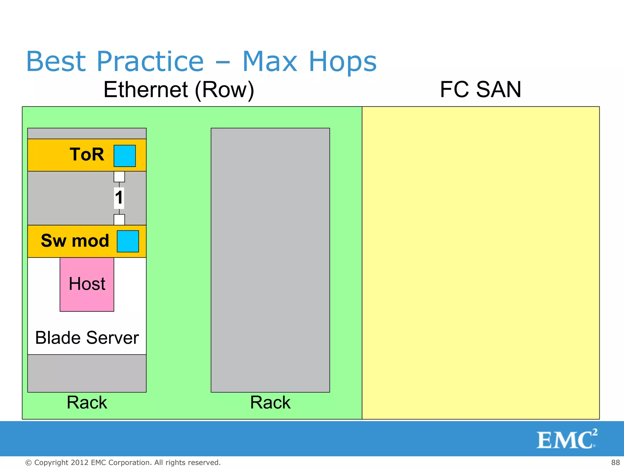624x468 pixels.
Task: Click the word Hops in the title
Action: [343, 62]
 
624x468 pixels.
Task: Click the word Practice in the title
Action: [150, 62]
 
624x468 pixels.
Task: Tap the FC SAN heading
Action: [480, 90]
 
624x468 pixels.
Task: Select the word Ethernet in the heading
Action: [146, 90]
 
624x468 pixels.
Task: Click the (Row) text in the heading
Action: [225, 90]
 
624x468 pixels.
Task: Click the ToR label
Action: [87, 154]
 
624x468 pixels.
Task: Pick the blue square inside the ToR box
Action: [125, 156]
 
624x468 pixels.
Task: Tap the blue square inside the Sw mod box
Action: [128, 241]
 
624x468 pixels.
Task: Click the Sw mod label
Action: [75, 241]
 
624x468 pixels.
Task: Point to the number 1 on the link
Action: [119, 197]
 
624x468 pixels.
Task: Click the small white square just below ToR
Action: [119, 176]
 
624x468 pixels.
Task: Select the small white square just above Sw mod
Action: [119, 219]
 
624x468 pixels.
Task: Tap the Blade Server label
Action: [87, 338]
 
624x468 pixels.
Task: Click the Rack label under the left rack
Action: [87, 402]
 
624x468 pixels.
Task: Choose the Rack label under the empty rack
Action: [270, 402]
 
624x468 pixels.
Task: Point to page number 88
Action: [615, 463]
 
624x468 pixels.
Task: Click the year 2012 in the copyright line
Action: [80, 463]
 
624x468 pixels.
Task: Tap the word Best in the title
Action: [56, 62]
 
